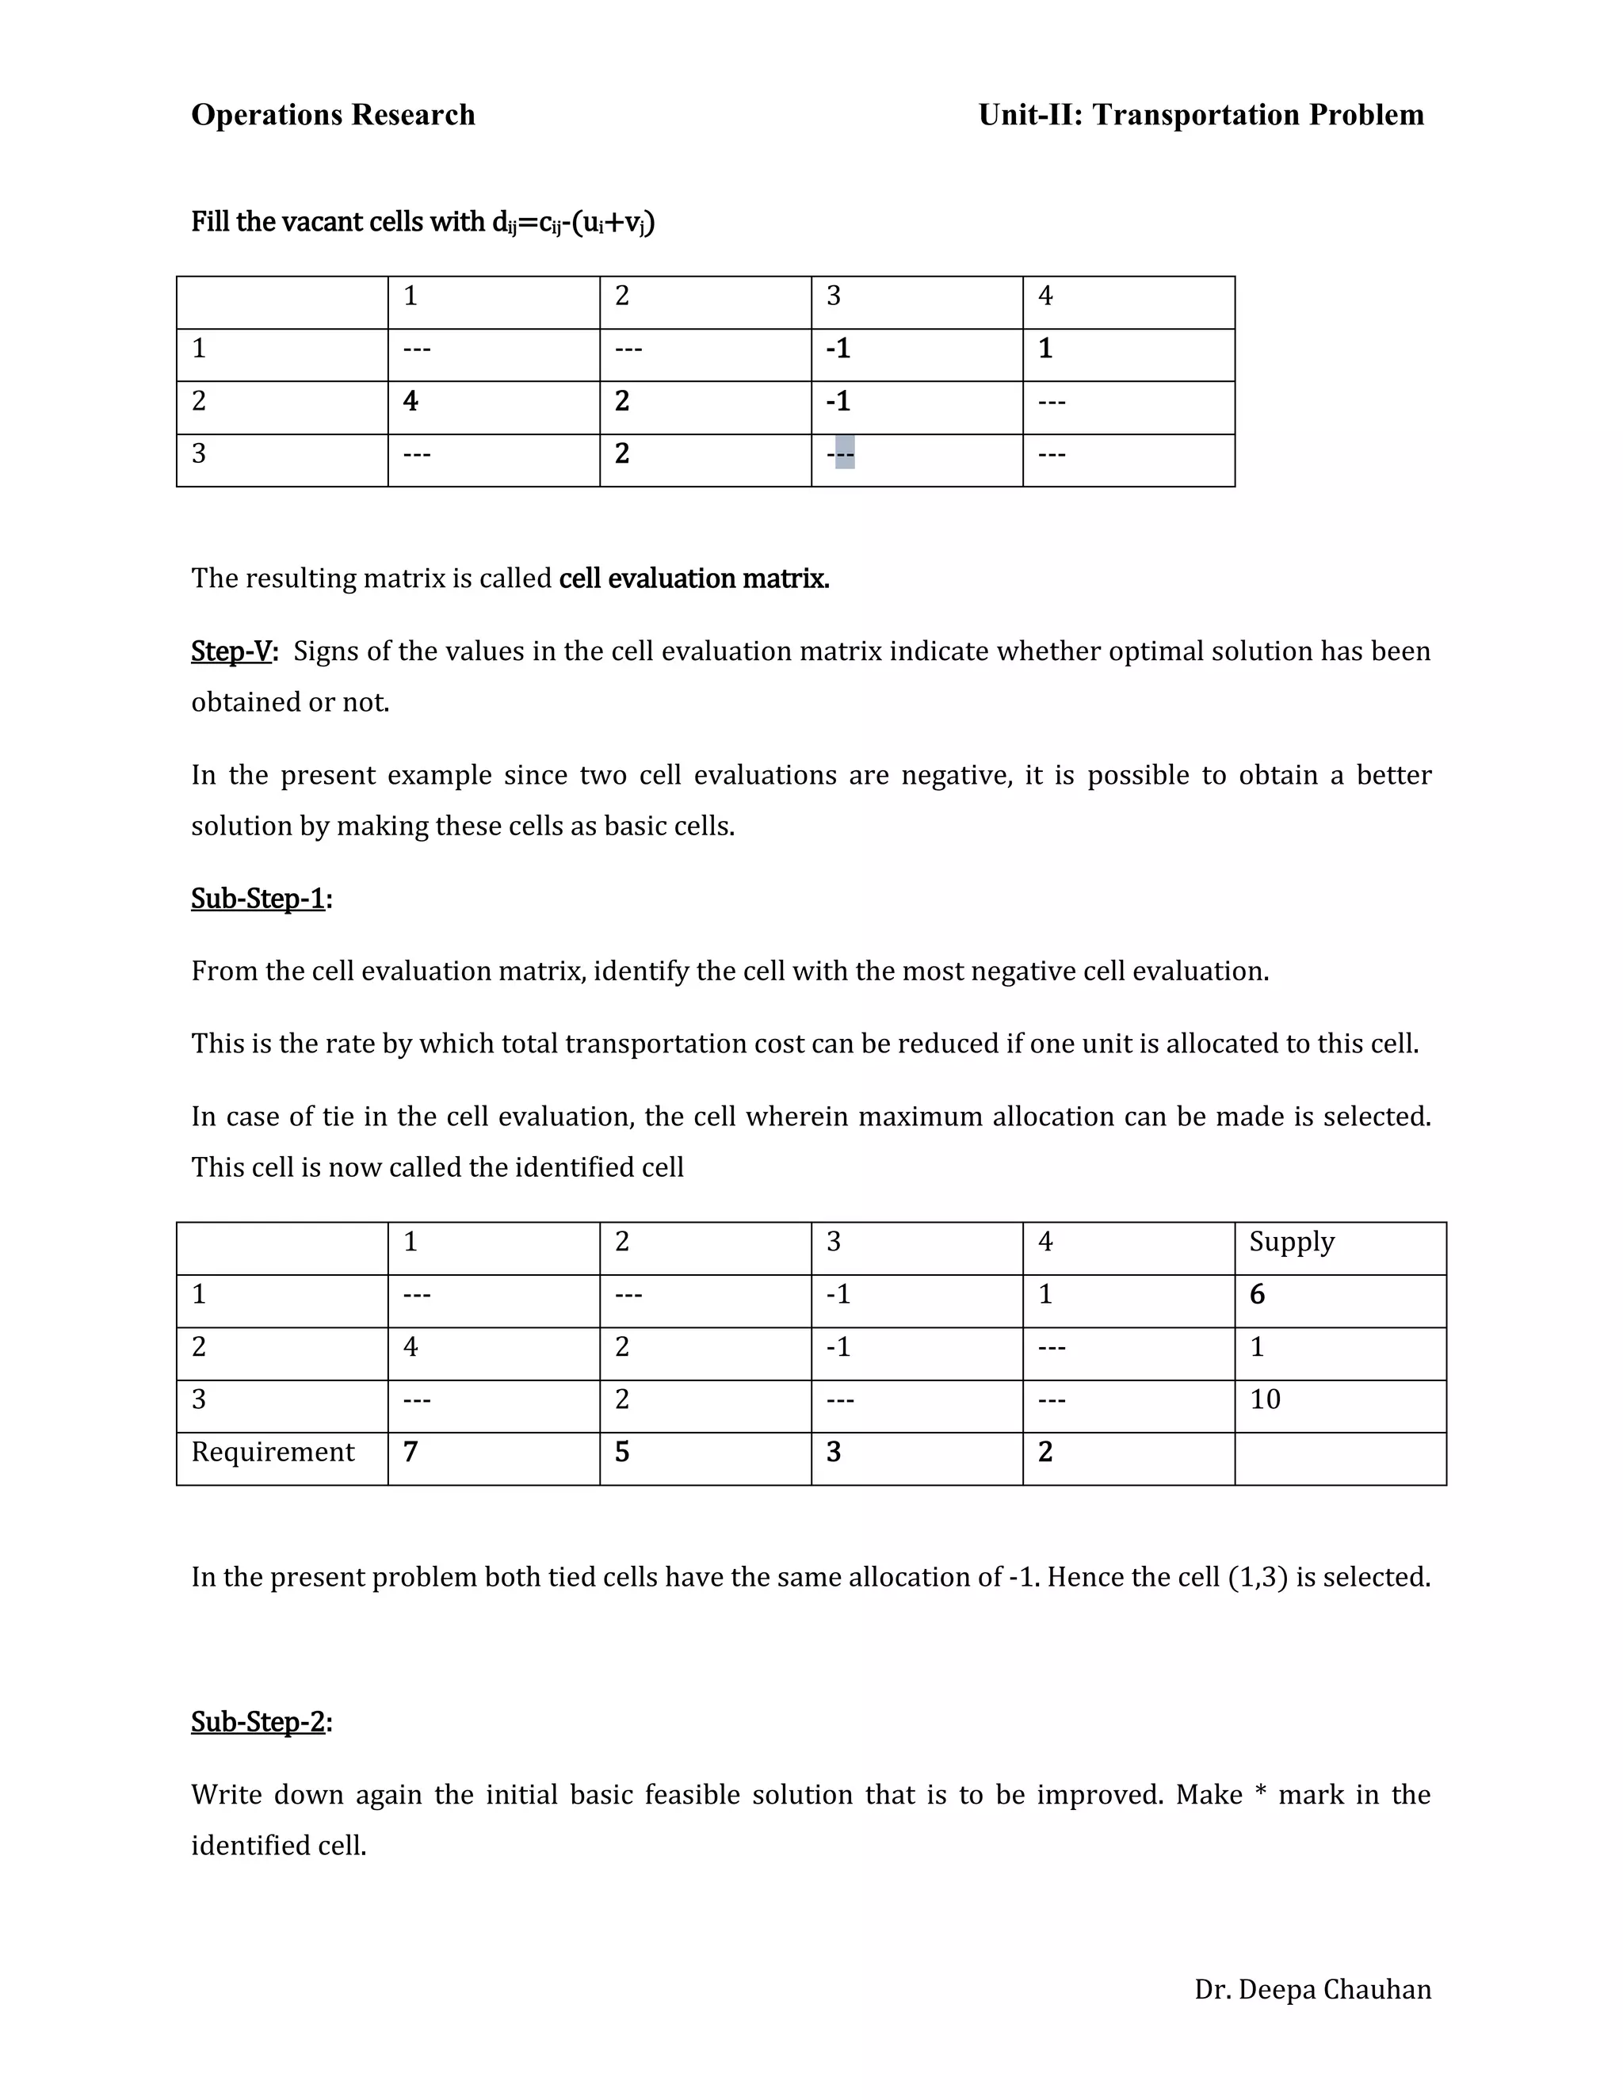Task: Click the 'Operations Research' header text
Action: tap(333, 114)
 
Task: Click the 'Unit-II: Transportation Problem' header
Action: tap(1200, 114)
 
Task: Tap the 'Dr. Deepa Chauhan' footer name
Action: tap(1312, 1988)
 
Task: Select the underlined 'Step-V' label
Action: tap(231, 651)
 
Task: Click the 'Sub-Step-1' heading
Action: tap(258, 898)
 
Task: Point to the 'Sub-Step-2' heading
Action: tap(258, 1721)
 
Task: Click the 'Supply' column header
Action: tap(1291, 1241)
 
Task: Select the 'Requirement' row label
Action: tap(273, 1452)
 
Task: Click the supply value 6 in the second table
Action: tap(1257, 1294)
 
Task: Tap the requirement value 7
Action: tap(411, 1452)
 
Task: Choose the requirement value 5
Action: tap(622, 1452)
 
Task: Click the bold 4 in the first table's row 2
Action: tap(411, 401)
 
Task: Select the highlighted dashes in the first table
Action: tap(843, 452)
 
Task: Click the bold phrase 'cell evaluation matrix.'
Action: tap(693, 578)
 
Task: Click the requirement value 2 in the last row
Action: tap(1045, 1452)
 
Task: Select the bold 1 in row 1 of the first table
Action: tap(1045, 348)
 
